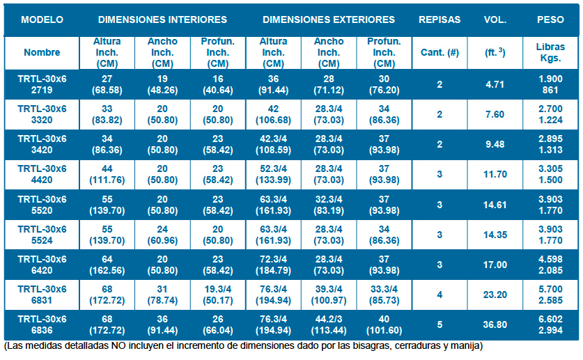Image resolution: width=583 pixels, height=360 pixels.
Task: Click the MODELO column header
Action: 42,19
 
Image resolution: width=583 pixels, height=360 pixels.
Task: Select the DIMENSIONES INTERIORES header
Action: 162,19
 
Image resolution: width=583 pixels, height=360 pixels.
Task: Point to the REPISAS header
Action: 439,19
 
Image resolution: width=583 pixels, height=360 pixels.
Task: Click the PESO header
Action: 550,19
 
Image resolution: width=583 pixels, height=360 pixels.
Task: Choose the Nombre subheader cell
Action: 42,52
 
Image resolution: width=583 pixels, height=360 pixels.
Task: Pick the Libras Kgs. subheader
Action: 550,52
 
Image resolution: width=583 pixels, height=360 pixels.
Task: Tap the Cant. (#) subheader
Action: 439,52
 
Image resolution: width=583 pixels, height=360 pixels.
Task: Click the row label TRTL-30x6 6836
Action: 42,324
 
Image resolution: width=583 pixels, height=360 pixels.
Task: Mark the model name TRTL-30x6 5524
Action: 42,235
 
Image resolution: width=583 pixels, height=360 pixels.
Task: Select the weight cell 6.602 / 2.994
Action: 550,324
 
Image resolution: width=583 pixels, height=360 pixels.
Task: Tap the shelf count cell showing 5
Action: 439,324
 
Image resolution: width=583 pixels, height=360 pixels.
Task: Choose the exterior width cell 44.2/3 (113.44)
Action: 329,324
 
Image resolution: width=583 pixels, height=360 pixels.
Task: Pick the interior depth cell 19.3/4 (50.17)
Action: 217,295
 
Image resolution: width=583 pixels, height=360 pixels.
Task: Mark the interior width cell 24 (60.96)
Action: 162,235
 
